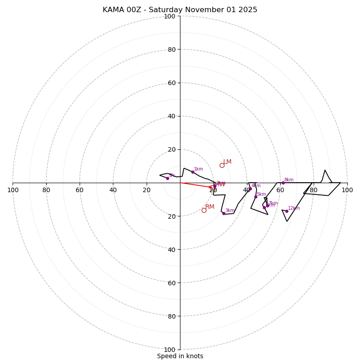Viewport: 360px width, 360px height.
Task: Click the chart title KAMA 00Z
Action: pos(180,10)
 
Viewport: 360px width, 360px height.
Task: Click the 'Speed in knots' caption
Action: pos(180,356)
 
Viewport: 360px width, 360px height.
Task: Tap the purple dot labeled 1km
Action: pos(193,172)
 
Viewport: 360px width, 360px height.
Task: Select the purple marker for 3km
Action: pos(224,213)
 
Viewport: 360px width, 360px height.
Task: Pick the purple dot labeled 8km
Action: pos(283,183)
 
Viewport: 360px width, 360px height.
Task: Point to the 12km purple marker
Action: pos(287,211)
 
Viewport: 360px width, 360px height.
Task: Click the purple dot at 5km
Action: pos(256,197)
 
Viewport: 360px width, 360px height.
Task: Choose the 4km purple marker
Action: pos(250,189)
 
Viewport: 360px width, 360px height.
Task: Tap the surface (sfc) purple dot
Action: pos(167,178)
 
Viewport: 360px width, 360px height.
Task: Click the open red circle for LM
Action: pos(222,165)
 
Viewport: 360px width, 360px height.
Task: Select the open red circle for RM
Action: pos(204,210)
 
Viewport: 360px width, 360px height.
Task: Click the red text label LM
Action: pos(227,162)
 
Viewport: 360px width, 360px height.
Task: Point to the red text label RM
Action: pos(210,207)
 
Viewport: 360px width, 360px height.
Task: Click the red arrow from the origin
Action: pos(196,185)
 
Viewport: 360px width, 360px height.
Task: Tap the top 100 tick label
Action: pos(169,17)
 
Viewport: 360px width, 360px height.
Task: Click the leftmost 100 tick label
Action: pos(13,190)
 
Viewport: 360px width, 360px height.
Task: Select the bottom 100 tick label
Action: pos(169,350)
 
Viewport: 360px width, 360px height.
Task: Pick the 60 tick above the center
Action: pos(171,83)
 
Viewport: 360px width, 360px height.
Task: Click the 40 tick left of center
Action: pos(113,190)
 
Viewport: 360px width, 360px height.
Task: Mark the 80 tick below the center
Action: pos(171,316)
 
